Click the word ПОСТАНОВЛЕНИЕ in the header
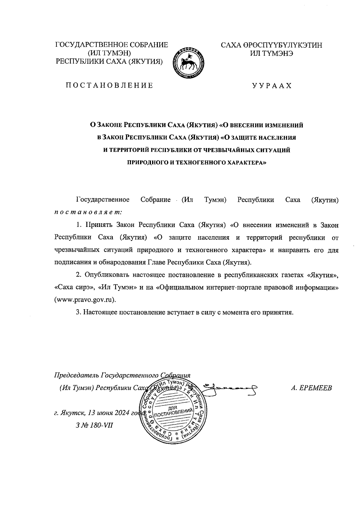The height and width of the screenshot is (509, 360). [x=110, y=86]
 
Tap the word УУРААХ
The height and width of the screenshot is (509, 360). [x=272, y=86]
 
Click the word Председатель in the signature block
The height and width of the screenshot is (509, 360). [x=76, y=375]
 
